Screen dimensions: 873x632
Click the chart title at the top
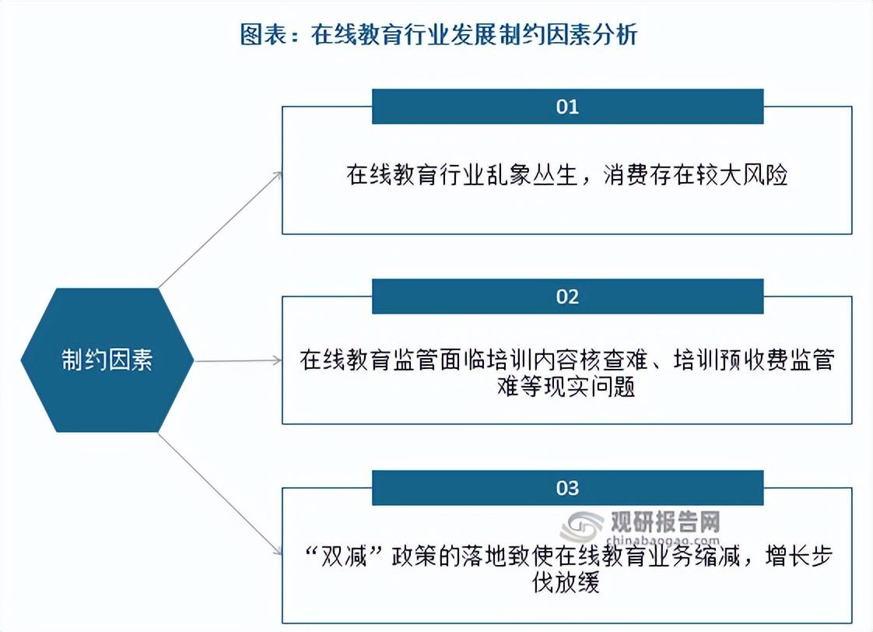click(439, 34)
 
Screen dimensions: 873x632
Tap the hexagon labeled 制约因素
click(107, 360)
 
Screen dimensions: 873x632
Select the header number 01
click(567, 107)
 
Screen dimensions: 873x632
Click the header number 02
click(567, 297)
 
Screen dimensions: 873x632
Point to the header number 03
click(567, 488)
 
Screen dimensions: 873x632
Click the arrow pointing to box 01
click(220, 230)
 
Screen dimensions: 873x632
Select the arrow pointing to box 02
click(238, 361)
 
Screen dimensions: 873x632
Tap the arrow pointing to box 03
click(220, 494)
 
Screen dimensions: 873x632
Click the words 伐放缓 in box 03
click(566, 582)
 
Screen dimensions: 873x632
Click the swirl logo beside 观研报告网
click(582, 527)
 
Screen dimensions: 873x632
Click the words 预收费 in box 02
click(755, 360)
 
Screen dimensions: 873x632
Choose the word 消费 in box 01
click(626, 175)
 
